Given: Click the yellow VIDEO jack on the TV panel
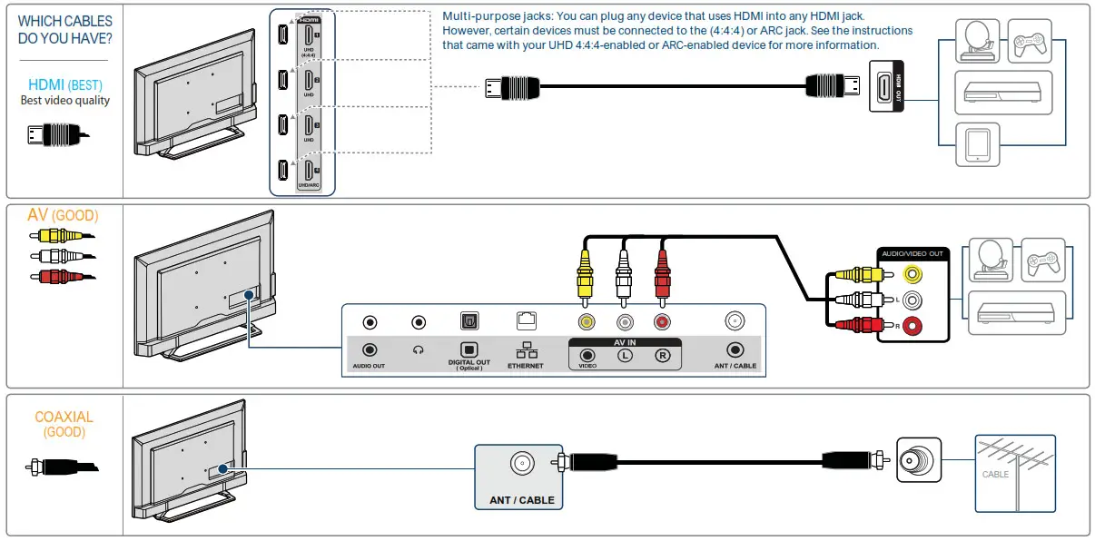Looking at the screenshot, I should coord(588,321).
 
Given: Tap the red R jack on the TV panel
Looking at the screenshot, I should coord(662,321).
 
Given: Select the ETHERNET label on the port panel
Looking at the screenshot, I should coord(525,366).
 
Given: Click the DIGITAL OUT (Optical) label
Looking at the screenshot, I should coord(469,364).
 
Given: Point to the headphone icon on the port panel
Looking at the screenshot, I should coord(419,350).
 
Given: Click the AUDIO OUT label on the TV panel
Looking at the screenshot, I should coord(369,366).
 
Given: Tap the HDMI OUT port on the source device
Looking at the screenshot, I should coord(885,87).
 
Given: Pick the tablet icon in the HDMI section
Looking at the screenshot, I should coord(977,145).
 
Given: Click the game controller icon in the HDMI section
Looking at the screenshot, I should coord(1030,41).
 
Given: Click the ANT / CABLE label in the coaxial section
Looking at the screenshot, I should coord(521,500).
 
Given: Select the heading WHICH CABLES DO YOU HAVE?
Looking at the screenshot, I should coord(65,29).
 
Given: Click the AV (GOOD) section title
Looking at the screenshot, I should coord(63,216).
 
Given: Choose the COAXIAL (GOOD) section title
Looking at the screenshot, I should coord(64,424).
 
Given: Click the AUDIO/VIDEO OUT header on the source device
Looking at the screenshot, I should coord(912,253).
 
